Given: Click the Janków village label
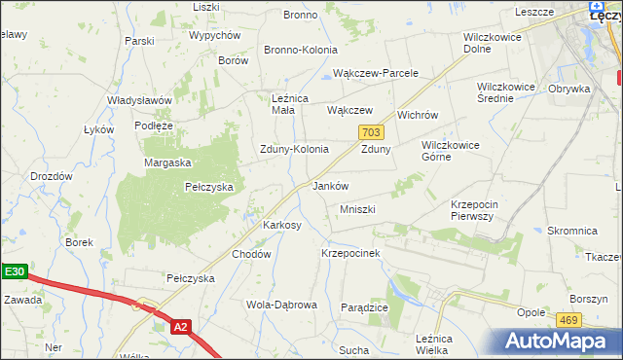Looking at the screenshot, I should click(330, 186).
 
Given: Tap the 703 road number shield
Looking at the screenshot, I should click(369, 131).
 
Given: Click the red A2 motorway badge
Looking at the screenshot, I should click(180, 328).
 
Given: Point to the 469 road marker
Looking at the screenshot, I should click(569, 319).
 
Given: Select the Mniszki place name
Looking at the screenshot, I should click(357, 210).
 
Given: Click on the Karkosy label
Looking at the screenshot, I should click(282, 225).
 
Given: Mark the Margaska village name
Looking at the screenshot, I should click(167, 163).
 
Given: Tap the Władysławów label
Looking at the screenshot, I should click(140, 101).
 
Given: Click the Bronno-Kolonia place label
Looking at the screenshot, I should click(301, 50).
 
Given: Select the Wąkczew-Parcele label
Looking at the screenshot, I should click(376, 73).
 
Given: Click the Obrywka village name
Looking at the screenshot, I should click(569, 90).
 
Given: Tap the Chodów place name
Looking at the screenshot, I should click(250, 254).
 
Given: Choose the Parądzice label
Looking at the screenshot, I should click(365, 307).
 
